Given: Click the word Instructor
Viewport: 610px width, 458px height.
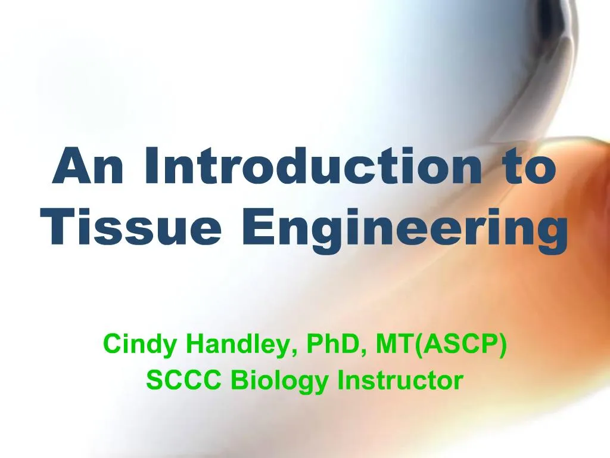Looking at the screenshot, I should (x=400, y=380).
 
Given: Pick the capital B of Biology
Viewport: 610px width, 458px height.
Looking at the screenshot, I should (x=238, y=380).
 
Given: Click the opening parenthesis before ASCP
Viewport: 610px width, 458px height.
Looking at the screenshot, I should (x=422, y=345).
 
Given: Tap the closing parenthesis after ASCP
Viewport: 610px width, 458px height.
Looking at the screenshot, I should (x=503, y=345).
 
